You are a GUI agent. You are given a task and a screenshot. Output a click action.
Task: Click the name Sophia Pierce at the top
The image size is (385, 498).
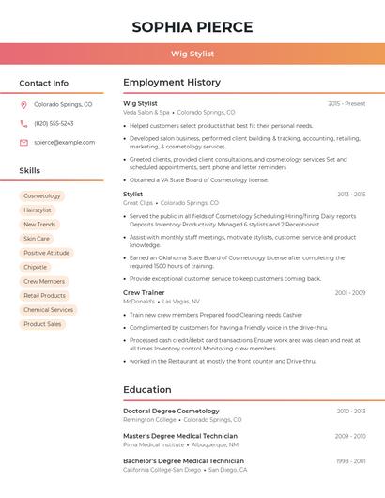pos(192,27)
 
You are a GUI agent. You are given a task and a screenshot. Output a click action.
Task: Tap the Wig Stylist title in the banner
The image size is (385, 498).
pos(192,54)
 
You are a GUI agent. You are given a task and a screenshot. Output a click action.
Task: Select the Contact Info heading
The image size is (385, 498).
pos(44,83)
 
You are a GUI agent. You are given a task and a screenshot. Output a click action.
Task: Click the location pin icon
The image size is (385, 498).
pos(23,105)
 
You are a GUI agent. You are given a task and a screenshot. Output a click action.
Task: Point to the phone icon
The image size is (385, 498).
pos(23,124)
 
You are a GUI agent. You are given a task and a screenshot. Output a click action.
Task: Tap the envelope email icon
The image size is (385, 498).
pos(23,143)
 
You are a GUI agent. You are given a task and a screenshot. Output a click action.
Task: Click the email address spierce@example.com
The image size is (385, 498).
pos(65,143)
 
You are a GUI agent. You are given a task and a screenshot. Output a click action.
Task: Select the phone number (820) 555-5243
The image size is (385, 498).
pos(54,124)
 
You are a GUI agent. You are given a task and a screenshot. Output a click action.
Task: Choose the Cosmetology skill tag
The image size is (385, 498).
pos(42,196)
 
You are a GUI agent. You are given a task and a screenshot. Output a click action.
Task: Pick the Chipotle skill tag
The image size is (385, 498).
pos(36,267)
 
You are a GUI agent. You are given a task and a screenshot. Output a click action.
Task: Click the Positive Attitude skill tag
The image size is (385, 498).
pos(46,253)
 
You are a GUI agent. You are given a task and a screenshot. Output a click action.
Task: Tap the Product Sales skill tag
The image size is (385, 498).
pos(42,324)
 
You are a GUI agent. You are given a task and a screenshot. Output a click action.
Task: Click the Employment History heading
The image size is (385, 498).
pos(172,83)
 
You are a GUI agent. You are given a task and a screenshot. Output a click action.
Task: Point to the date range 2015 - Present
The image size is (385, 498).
pos(346,103)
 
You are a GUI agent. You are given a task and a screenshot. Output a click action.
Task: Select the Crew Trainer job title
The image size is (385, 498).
pos(144,293)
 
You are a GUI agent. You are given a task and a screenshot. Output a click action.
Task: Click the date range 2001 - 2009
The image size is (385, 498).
pos(350,293)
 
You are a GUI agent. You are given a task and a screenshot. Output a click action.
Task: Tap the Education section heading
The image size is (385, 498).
pos(147,390)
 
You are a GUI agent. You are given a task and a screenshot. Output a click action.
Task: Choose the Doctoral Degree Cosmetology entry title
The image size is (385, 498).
pos(171,412)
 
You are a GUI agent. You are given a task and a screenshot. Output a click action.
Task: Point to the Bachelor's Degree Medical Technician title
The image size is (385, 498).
pos(183,461)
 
